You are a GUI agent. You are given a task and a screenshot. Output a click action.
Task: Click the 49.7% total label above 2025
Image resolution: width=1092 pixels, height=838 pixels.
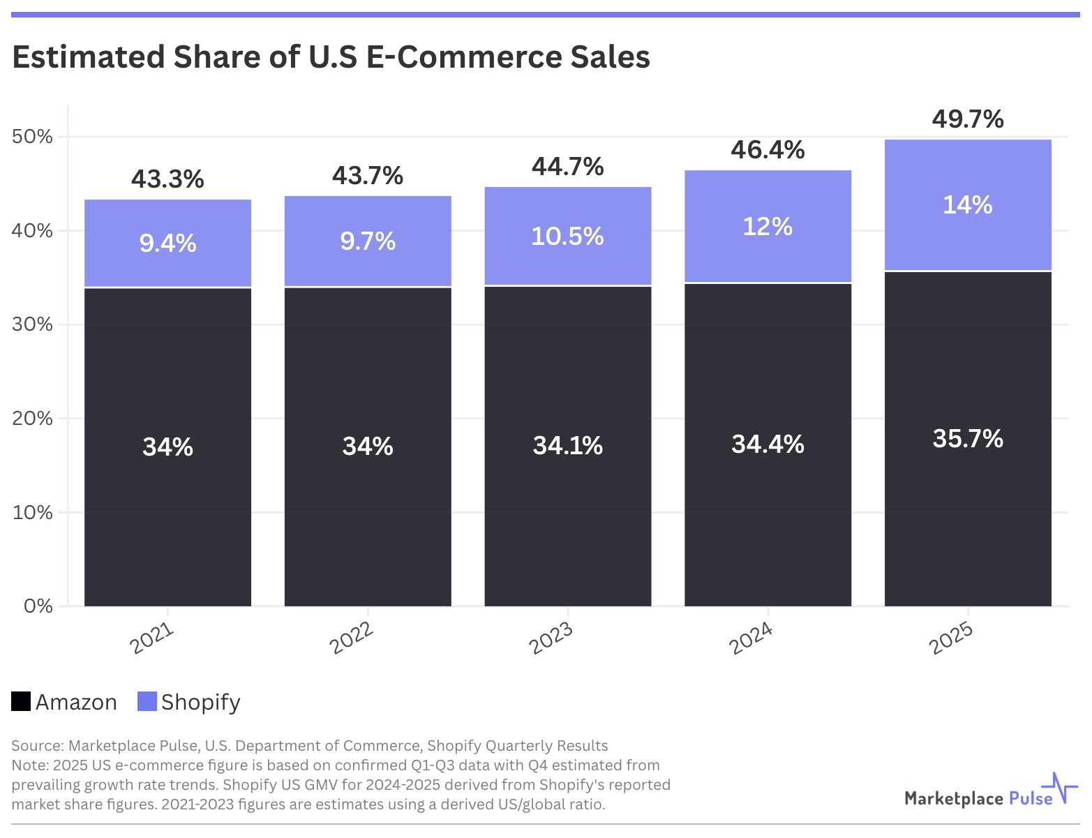968,119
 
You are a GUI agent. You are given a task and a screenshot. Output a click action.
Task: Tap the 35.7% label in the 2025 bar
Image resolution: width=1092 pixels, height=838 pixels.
968,439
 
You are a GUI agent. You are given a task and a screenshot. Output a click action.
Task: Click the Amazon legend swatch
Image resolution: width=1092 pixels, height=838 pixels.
21,701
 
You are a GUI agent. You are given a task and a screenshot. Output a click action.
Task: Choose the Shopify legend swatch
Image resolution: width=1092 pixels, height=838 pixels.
147,701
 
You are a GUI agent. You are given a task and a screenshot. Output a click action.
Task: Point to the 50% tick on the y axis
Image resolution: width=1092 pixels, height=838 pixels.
32,136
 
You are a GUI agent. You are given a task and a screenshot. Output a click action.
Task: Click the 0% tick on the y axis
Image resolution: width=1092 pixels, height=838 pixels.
38,606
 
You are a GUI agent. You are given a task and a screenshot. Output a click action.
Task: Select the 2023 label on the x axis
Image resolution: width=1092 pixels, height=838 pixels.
551,638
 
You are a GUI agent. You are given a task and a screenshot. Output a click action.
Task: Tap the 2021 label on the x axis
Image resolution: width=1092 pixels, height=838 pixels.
152,638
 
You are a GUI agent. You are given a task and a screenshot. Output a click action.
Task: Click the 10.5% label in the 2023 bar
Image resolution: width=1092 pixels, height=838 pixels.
567,237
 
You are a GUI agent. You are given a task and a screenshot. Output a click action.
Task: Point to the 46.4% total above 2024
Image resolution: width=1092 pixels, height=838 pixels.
768,150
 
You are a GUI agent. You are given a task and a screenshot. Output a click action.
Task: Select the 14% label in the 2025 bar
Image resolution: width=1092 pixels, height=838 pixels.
968,205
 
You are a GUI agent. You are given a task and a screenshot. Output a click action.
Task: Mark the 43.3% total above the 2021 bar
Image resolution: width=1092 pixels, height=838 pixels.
167,179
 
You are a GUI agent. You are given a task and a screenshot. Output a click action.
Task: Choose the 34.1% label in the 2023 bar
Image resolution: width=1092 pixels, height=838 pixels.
567,445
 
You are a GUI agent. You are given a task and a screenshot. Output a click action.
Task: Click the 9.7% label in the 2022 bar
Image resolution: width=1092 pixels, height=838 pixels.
368,241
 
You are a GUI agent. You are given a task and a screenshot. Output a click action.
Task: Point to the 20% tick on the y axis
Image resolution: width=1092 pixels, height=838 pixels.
32,418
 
